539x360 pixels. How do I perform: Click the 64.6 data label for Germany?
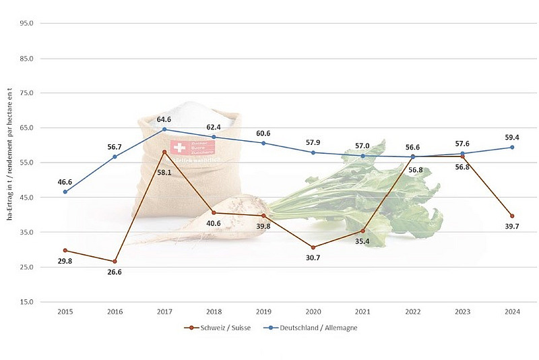tap(164, 119)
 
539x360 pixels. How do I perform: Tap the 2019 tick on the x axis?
tap(263, 312)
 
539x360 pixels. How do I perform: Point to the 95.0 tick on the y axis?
tap(28, 24)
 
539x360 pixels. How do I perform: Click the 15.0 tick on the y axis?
tap(28, 301)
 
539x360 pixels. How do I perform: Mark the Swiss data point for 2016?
tap(115, 262)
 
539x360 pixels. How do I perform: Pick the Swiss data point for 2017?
tap(164, 152)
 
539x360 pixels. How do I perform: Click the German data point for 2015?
tap(65, 191)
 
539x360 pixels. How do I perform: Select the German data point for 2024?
tap(512, 147)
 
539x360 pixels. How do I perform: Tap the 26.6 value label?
tap(115, 272)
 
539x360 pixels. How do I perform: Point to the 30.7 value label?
tap(313, 258)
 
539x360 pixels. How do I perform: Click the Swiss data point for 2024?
tap(512, 216)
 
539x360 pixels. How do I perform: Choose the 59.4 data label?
tap(512, 137)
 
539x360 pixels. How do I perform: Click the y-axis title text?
tap(10, 162)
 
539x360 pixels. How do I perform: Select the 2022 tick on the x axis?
tap(412, 312)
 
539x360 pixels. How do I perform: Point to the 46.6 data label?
tap(65, 181)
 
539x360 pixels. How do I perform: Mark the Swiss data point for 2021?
tap(363, 231)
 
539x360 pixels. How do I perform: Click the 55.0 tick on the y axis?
tap(28, 162)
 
